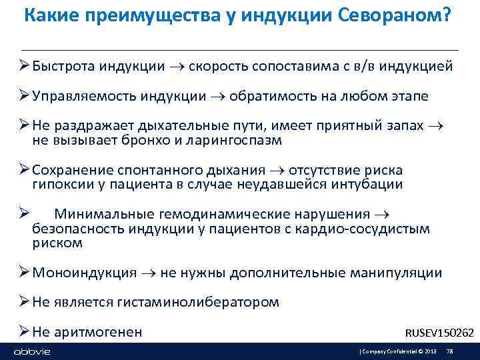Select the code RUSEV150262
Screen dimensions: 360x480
439,333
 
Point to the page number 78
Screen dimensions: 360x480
449,351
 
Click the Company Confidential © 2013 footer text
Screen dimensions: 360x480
399,351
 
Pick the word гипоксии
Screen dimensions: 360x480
59,184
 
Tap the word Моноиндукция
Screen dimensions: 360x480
84,273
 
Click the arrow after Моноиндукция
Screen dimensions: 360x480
149,273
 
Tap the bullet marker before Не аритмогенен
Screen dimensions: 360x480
25,331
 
